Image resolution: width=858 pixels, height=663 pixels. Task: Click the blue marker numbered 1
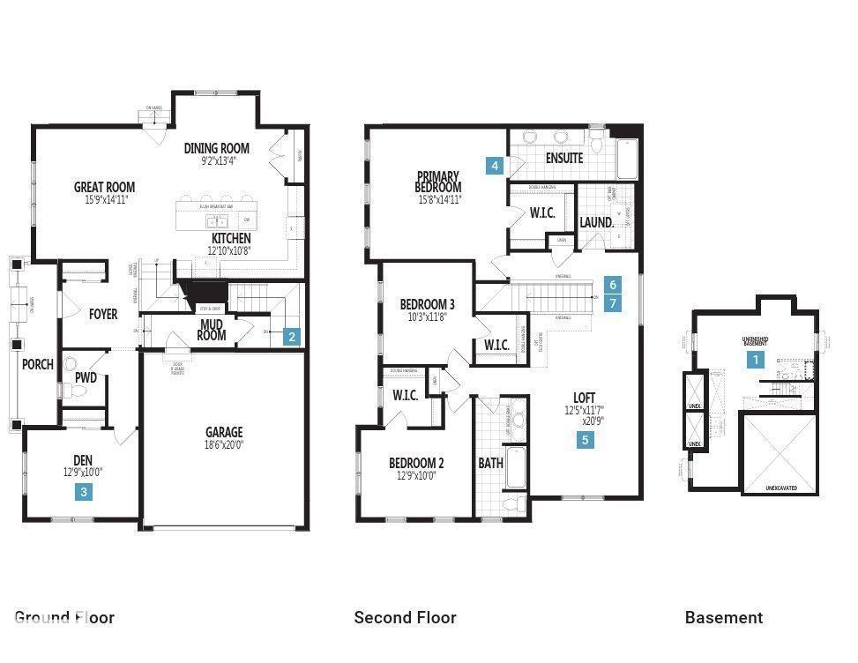(755, 360)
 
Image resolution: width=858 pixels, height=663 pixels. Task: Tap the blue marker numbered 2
(292, 336)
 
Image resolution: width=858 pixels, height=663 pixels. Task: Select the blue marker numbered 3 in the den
(84, 493)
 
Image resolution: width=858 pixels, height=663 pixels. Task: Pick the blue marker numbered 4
(496, 165)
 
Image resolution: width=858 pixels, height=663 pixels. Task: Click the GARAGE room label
(224, 432)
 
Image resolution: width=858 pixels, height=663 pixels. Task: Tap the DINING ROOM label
(217, 148)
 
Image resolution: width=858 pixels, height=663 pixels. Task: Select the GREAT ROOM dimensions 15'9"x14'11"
(104, 200)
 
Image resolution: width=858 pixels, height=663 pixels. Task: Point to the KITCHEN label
(231, 239)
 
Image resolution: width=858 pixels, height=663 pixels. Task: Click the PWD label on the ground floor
(86, 378)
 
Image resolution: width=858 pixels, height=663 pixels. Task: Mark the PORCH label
(38, 364)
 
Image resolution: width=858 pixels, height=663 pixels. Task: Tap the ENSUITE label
(564, 159)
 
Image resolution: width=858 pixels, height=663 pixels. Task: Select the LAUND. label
(596, 222)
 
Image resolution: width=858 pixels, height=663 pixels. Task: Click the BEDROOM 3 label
(427, 304)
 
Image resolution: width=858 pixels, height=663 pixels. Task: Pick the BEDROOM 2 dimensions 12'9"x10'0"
(416, 476)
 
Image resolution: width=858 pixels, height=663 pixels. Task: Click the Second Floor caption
(405, 617)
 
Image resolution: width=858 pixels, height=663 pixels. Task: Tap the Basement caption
(724, 617)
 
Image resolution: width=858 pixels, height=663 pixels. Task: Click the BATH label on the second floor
(491, 463)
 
